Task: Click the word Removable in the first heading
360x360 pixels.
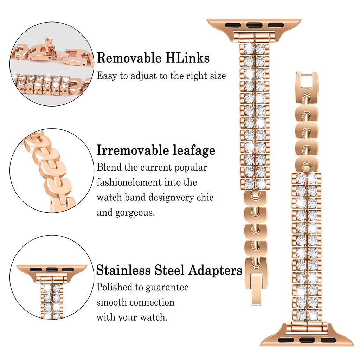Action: [x=128, y=58]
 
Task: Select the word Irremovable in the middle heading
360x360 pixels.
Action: [x=132, y=150]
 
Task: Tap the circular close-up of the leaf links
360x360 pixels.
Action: [x=52, y=171]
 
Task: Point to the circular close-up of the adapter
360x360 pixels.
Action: [x=52, y=277]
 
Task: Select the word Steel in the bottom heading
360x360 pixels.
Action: [x=169, y=270]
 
